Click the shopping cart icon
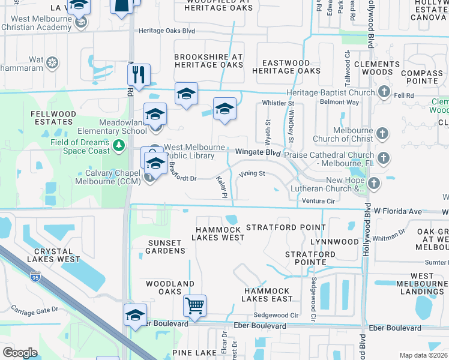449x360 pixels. point(195,305)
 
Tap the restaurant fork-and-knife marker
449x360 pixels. point(139,75)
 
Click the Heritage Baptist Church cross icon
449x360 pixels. point(384,92)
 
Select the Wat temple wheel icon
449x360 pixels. point(53,62)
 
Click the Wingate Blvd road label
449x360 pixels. point(258,153)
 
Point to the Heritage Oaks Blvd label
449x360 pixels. point(166,31)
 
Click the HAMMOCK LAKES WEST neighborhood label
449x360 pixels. point(218,233)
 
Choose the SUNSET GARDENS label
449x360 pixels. point(166,247)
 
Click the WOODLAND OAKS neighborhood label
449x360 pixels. point(170,288)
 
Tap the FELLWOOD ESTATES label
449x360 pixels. point(54,118)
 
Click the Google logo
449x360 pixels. point(20,353)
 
